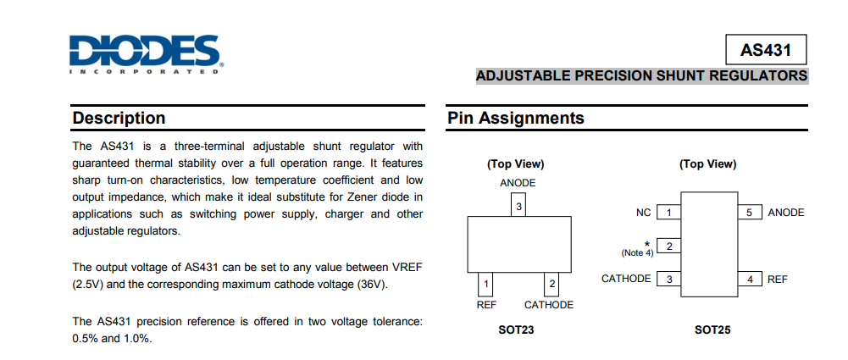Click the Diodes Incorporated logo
pos(147,53)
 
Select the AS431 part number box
pos(765,50)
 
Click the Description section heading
pos(119,119)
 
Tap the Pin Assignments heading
pos(516,119)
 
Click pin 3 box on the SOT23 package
pos(519,205)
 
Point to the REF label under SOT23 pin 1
pos(486,305)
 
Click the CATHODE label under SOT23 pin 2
pos(549,305)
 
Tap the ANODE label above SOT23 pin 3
pos(518,183)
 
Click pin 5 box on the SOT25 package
pos(749,213)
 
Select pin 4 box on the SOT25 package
pos(749,279)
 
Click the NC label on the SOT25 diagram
pos(644,213)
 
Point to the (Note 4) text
pos(637,252)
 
